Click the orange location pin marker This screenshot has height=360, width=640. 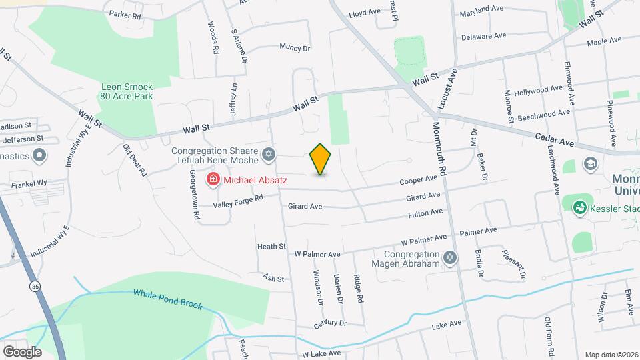coord(321,159)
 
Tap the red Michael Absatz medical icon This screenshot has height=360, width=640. coord(213,179)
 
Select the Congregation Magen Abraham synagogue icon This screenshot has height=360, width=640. coord(450,257)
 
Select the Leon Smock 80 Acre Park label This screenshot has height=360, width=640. coord(127,91)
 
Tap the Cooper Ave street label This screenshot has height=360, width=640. coord(418,180)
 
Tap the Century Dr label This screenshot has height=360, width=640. coord(331,323)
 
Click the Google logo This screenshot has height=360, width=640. coord(23,351)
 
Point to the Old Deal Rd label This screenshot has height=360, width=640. coord(135,161)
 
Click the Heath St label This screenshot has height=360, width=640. coord(271,247)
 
